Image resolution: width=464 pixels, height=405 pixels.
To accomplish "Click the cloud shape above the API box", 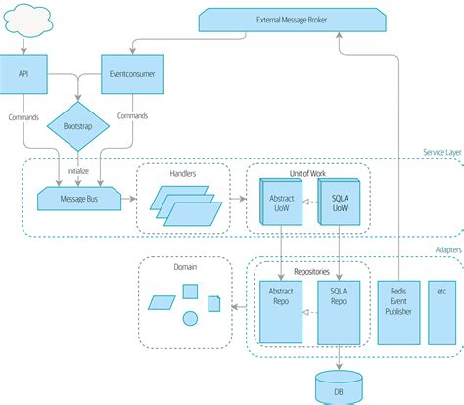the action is click(28, 21).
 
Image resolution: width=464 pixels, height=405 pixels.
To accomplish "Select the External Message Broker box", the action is click(292, 20).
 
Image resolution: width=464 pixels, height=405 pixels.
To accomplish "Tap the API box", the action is click(23, 74).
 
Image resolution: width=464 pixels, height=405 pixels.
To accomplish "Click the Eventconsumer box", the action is click(132, 74).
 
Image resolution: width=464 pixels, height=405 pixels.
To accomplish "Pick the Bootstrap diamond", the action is click(78, 126).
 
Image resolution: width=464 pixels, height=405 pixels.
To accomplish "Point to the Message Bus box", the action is click(79, 199).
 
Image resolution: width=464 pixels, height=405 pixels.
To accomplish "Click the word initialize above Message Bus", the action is click(78, 171).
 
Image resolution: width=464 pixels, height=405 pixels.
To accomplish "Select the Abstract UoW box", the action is click(281, 202).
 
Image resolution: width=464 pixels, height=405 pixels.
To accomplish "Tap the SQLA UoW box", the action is click(339, 202).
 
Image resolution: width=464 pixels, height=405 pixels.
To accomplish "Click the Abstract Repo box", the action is click(281, 312).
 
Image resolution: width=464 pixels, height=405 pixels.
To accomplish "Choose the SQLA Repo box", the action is click(339, 313).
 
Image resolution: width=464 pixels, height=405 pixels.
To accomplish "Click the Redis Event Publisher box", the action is click(398, 313).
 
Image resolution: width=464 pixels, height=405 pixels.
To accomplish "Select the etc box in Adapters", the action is click(441, 313).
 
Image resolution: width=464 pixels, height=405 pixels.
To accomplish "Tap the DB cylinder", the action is click(339, 387).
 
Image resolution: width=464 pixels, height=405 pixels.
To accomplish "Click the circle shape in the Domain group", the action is click(190, 318).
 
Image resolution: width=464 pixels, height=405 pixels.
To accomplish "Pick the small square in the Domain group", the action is click(190, 292).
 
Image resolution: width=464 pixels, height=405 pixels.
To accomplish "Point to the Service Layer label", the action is click(442, 152).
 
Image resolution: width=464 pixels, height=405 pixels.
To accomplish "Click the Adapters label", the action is click(448, 250).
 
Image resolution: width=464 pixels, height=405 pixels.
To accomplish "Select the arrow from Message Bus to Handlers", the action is click(129, 199).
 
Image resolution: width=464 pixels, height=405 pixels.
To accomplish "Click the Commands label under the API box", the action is click(23, 117).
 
